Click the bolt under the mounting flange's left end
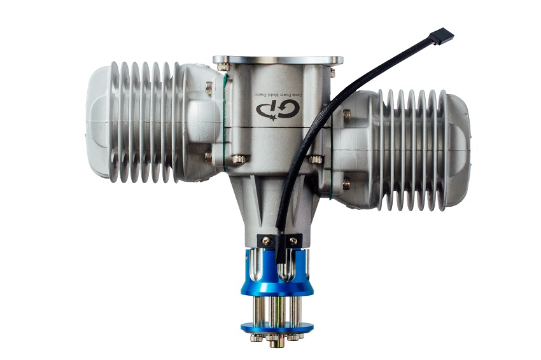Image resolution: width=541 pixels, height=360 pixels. point(223,66)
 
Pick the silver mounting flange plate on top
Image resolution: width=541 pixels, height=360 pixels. point(278,60)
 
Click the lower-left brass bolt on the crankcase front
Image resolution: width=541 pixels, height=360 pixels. point(238,159)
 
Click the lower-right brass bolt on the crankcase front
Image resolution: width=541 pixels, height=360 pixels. point(316,159)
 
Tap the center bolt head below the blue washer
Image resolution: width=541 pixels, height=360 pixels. point(276,342)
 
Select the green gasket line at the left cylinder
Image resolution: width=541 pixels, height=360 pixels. point(224,121)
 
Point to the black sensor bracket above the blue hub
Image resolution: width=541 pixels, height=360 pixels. point(279,241)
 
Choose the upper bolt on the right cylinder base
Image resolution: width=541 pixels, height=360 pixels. point(347,115)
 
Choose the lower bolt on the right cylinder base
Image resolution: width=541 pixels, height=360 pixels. point(346,184)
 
